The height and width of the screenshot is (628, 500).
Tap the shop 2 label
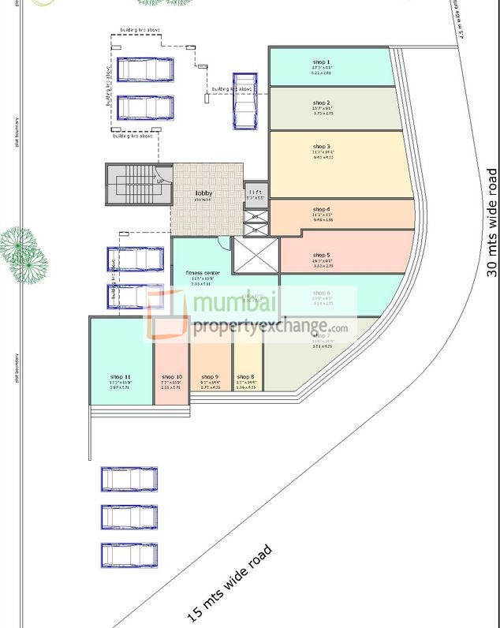[x=321, y=103]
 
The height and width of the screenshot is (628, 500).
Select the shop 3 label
[x=321, y=147]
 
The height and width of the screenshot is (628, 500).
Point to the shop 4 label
[x=321, y=209]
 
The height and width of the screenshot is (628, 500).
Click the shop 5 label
[x=321, y=255]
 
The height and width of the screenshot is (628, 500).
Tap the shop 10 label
[x=172, y=377]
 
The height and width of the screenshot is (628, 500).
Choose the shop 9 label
[x=210, y=377]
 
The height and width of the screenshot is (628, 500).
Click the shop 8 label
[x=245, y=377]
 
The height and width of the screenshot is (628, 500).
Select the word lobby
[x=204, y=193]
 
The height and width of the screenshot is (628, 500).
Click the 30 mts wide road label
[x=492, y=223]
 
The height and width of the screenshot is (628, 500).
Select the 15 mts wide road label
[x=229, y=582]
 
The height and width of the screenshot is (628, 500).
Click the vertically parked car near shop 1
[x=244, y=100]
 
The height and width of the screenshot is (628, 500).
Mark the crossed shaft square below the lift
[x=256, y=255]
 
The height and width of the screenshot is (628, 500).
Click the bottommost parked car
[x=129, y=555]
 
